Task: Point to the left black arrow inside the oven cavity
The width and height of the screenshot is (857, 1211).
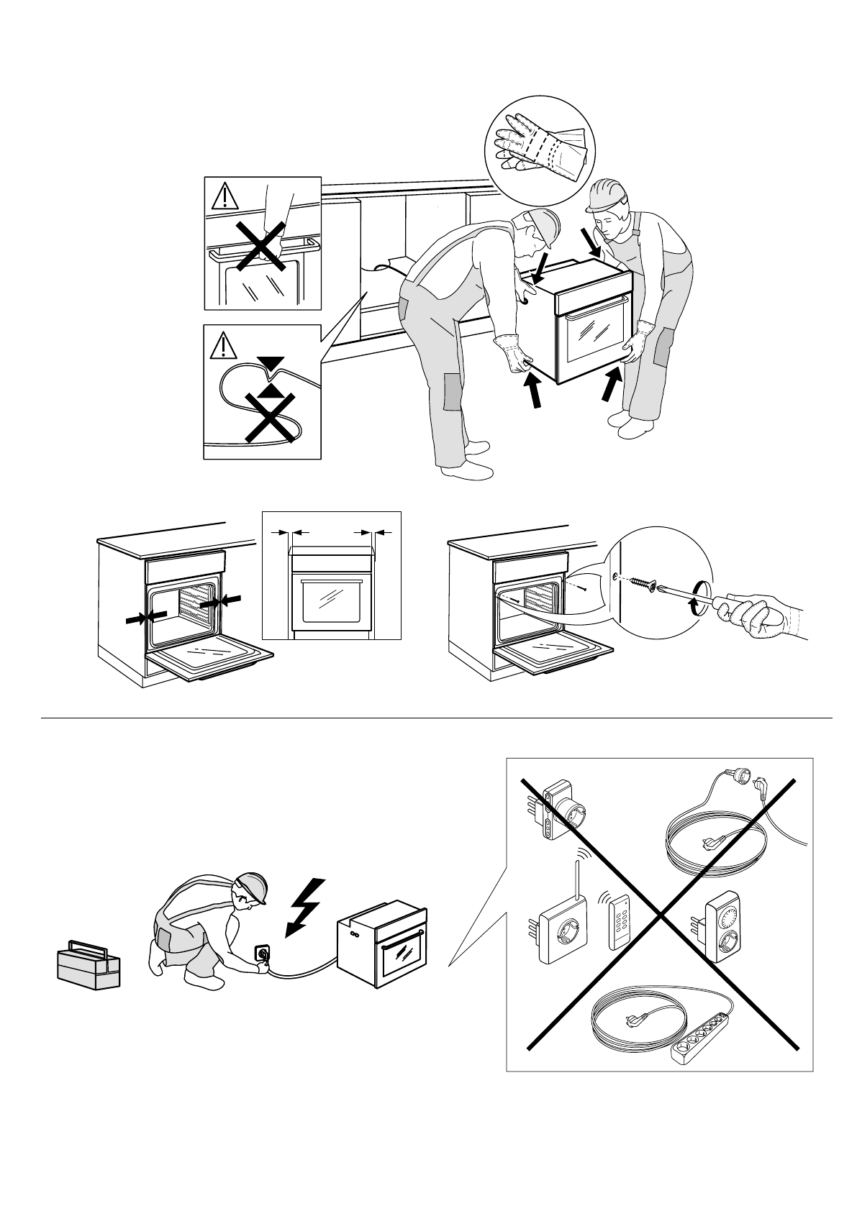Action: (145, 618)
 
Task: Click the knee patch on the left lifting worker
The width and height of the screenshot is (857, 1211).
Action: (453, 392)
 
